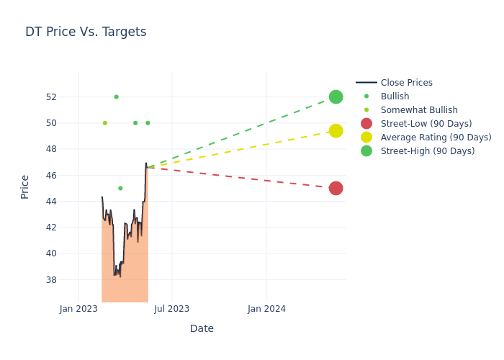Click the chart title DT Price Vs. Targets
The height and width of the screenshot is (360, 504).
[x=86, y=32]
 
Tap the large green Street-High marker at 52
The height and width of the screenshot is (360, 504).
[x=336, y=96]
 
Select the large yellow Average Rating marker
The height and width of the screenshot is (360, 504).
[x=336, y=131]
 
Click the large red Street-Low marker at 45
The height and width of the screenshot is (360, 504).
[x=336, y=188]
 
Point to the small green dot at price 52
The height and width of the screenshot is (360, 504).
[x=116, y=96]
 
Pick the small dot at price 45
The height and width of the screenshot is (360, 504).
[x=120, y=188]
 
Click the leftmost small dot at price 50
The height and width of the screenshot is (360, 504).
[x=105, y=123]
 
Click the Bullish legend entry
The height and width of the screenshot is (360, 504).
[x=395, y=96]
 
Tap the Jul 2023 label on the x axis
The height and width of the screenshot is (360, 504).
[x=172, y=309]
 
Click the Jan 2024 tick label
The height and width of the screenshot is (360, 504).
[x=266, y=309]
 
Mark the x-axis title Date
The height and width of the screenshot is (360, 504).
[x=202, y=328]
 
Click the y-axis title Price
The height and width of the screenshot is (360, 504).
[x=25, y=186]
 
